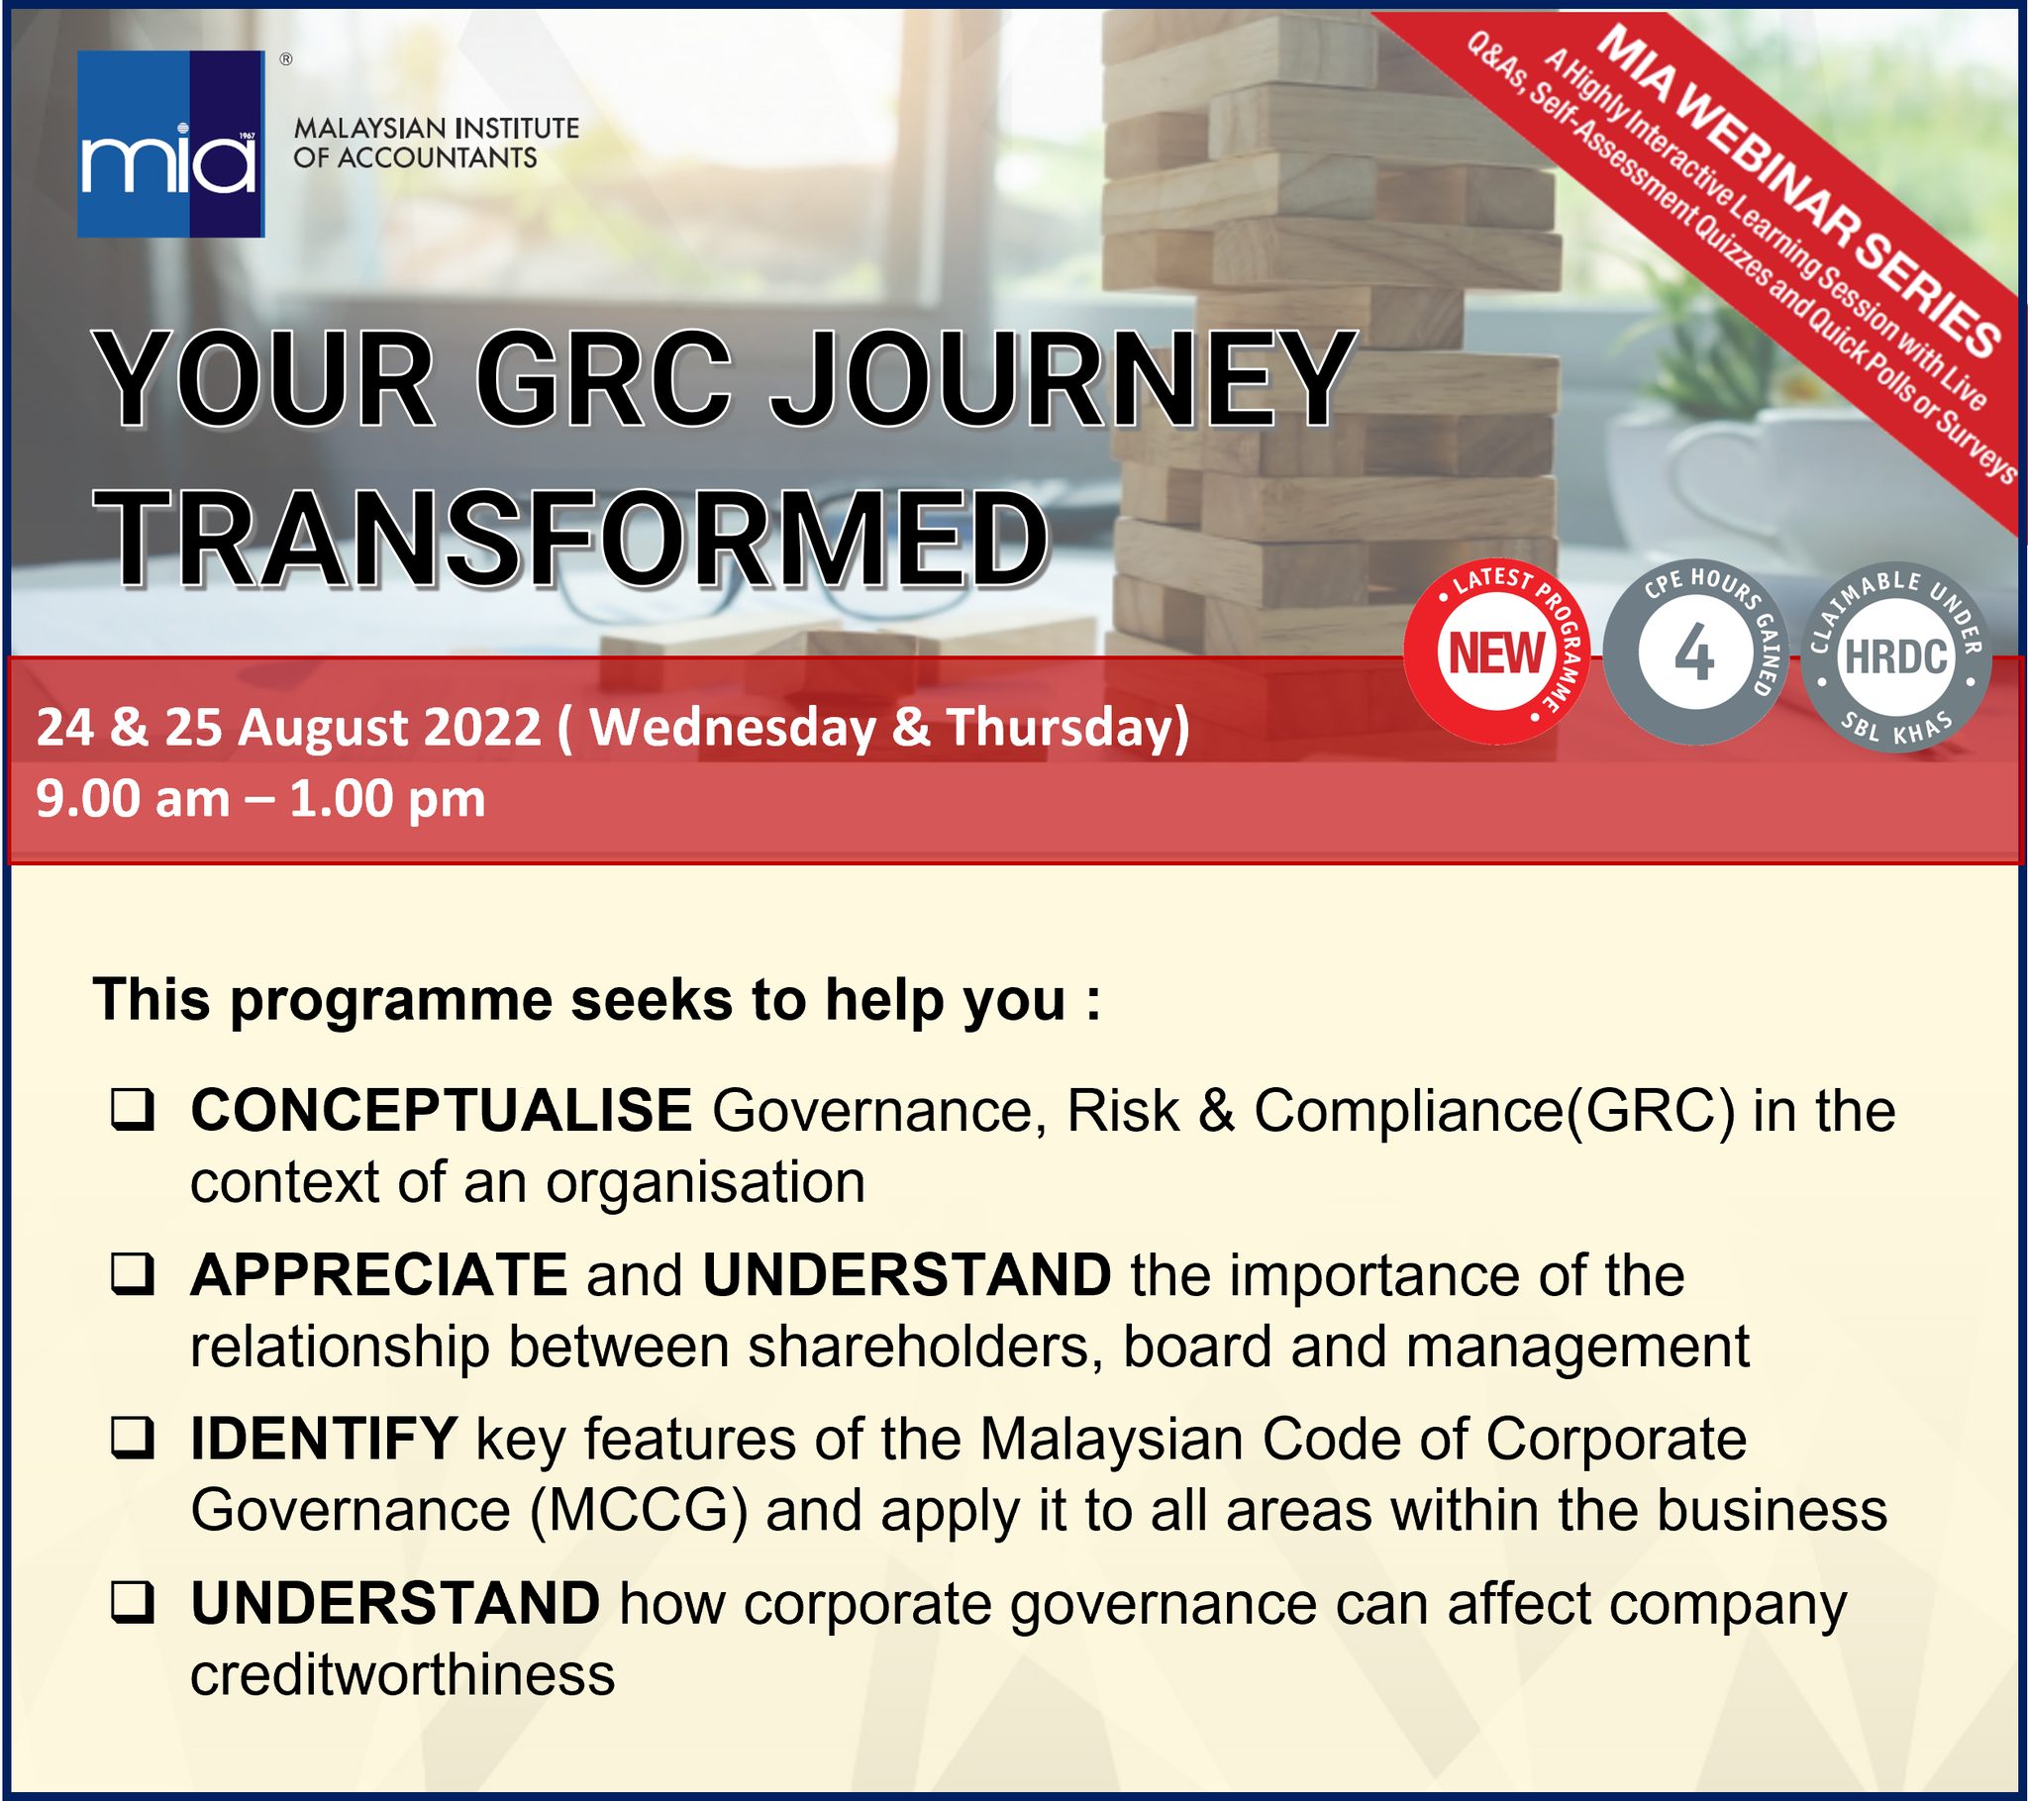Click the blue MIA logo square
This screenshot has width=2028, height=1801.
pyautogui.click(x=170, y=144)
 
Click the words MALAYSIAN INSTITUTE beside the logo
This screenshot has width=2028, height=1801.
pyautogui.click(x=437, y=128)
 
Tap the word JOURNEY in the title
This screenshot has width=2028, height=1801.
pyautogui.click(x=1062, y=381)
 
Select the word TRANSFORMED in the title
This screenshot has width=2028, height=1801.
pyautogui.click(x=574, y=540)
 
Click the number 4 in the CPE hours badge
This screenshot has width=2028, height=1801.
pyautogui.click(x=1694, y=655)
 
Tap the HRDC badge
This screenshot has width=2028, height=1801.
pyautogui.click(x=1895, y=656)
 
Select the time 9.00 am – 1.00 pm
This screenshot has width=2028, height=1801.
pyautogui.click(x=261, y=800)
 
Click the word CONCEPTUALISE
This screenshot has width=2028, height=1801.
pyautogui.click(x=442, y=1109)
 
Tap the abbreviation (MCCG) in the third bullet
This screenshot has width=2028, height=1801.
pyautogui.click(x=638, y=1511)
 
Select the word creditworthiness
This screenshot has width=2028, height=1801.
pyautogui.click(x=403, y=1675)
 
